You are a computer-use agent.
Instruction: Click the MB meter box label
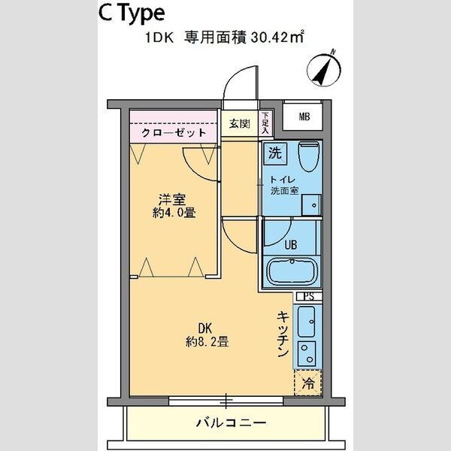point(304,116)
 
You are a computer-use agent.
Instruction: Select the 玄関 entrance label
point(240,123)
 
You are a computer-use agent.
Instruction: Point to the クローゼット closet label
point(174,132)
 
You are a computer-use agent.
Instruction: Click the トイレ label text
point(285,180)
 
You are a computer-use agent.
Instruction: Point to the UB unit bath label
point(289,244)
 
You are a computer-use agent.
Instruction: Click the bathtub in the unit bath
point(293,271)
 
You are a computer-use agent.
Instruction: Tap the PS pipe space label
point(308,297)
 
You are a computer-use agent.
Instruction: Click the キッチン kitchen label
point(283,334)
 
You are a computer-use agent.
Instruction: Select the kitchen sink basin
point(307,322)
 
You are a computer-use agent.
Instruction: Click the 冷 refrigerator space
point(307,382)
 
